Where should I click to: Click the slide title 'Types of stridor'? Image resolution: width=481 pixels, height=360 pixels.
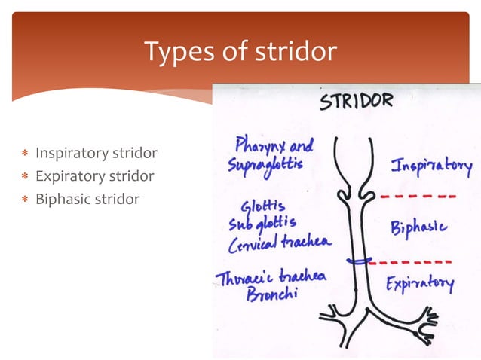pyautogui.click(x=240, y=52)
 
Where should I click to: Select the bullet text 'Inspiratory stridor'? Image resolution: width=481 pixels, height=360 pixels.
pyautogui.click(x=97, y=154)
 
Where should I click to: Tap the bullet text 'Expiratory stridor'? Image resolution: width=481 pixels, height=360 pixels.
pyautogui.click(x=95, y=176)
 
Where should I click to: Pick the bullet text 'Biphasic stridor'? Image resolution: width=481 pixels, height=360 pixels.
pyautogui.click(x=87, y=200)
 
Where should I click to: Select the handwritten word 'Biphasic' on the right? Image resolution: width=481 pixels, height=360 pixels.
pyautogui.click(x=418, y=227)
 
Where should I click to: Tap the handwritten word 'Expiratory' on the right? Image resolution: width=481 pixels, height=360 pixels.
pyautogui.click(x=420, y=284)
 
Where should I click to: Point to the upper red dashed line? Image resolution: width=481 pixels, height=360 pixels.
pyautogui.click(x=417, y=196)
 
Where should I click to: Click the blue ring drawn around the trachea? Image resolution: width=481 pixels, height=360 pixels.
pyautogui.click(x=358, y=261)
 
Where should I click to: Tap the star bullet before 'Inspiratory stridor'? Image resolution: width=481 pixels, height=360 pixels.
pyautogui.click(x=25, y=154)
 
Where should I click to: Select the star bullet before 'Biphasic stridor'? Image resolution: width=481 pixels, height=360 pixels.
pyautogui.click(x=25, y=200)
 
